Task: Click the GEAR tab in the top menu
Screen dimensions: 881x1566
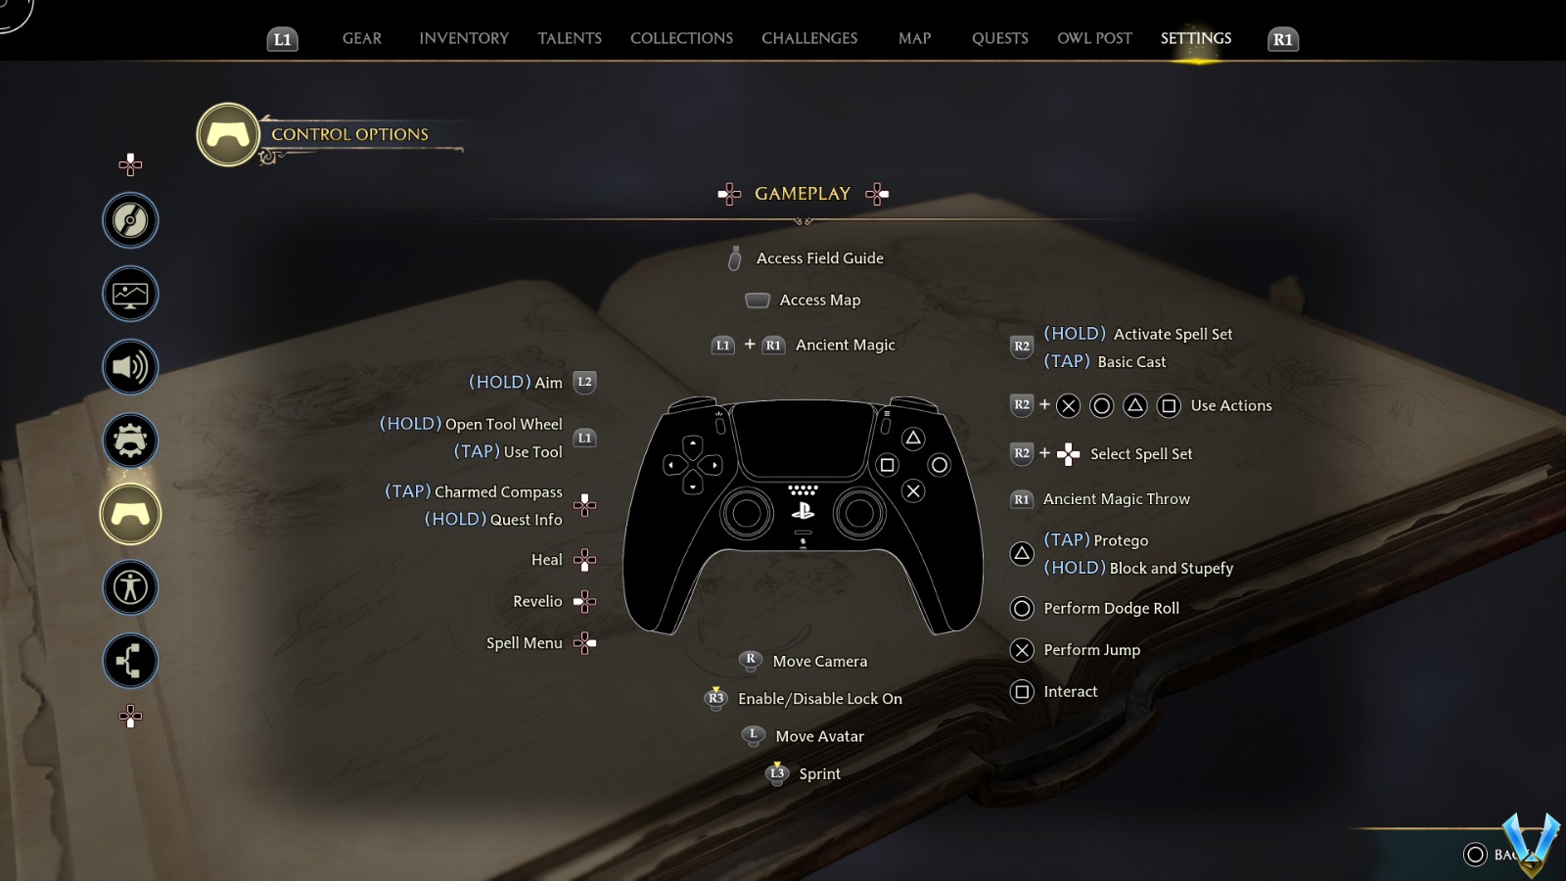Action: coord(361,38)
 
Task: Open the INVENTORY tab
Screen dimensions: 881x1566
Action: coord(463,38)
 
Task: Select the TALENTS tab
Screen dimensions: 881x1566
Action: coord(569,38)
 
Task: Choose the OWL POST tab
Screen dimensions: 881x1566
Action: coord(1094,38)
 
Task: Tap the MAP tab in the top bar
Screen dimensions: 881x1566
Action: coord(914,38)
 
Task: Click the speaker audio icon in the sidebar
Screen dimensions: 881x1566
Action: coord(130,367)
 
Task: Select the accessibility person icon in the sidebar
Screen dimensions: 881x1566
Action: coord(130,587)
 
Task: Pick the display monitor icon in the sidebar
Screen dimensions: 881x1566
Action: coord(130,294)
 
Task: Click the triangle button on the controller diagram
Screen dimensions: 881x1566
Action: coord(913,438)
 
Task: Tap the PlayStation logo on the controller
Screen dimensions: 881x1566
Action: coord(803,510)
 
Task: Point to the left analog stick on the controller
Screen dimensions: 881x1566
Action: coord(747,512)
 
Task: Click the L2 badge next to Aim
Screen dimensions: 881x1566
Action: coord(584,382)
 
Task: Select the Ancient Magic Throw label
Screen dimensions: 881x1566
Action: coord(1116,499)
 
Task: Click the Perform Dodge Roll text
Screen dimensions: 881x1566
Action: coord(1111,609)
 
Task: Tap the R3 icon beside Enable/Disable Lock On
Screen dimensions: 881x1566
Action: coord(715,698)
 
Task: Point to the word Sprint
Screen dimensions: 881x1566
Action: coord(819,774)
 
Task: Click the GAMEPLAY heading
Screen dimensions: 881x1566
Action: coord(802,194)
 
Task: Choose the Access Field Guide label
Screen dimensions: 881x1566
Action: coord(819,258)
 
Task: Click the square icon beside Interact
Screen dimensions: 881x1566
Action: coord(1022,692)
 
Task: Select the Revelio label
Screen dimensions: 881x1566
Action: coord(537,602)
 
